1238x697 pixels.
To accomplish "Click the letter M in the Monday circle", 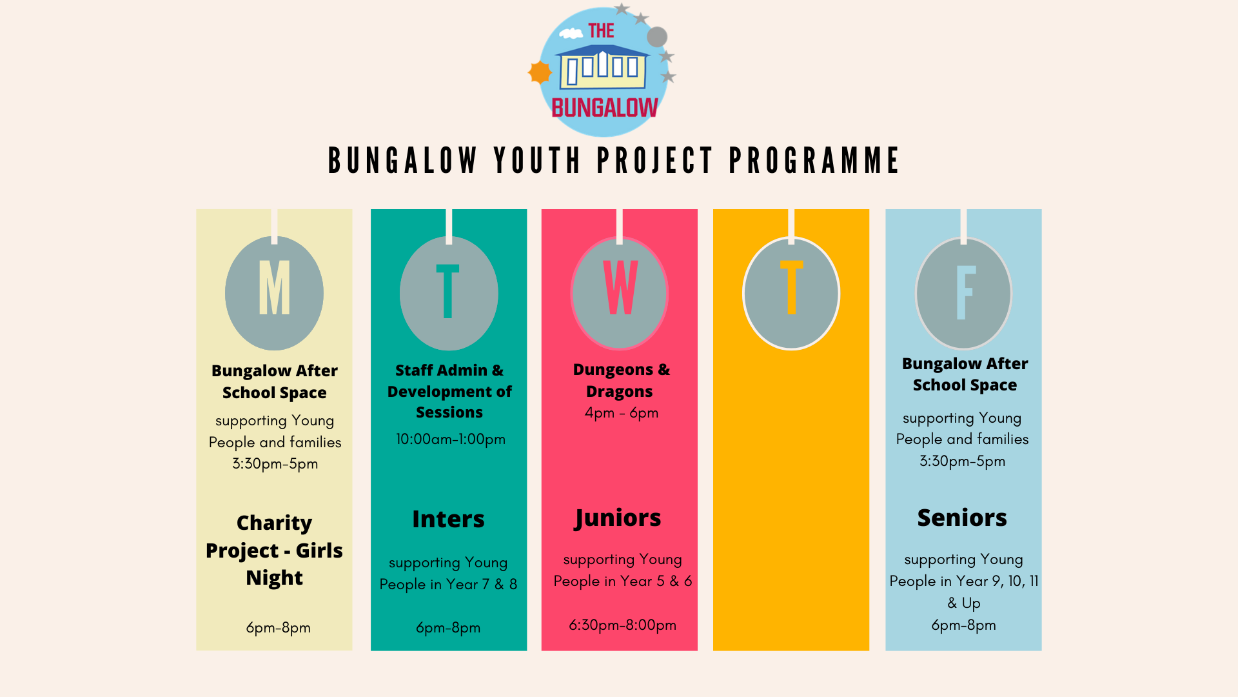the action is tap(274, 287).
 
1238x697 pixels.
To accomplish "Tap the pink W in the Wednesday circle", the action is tap(620, 287).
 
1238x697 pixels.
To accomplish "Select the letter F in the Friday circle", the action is tap(965, 293).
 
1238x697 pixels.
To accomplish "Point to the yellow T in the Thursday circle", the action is tap(791, 287).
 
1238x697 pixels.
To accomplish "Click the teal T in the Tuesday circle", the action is tap(447, 291).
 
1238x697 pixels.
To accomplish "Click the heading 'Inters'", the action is tap(448, 519).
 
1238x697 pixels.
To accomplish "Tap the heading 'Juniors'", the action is tap(618, 518).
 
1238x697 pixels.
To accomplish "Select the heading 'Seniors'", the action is tap(962, 518).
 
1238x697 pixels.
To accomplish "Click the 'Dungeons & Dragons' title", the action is tap(621, 380).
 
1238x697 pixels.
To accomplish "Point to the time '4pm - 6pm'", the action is tap(622, 413).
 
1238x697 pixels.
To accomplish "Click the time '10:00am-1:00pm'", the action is tap(450, 439).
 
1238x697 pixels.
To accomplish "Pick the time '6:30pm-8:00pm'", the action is tap(622, 625).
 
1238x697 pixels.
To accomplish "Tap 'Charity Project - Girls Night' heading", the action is tap(274, 550).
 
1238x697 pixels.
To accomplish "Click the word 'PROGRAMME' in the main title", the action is tap(814, 161).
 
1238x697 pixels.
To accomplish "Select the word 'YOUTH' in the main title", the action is tap(538, 161).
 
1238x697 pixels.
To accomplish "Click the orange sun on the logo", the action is tap(540, 72).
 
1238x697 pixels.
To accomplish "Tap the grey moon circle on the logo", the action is tap(657, 37).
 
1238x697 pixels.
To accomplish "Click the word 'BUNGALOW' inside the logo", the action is tap(605, 108).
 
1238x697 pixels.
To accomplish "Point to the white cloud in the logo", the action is tap(571, 33).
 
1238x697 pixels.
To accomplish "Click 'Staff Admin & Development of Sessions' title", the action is tap(449, 391).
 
